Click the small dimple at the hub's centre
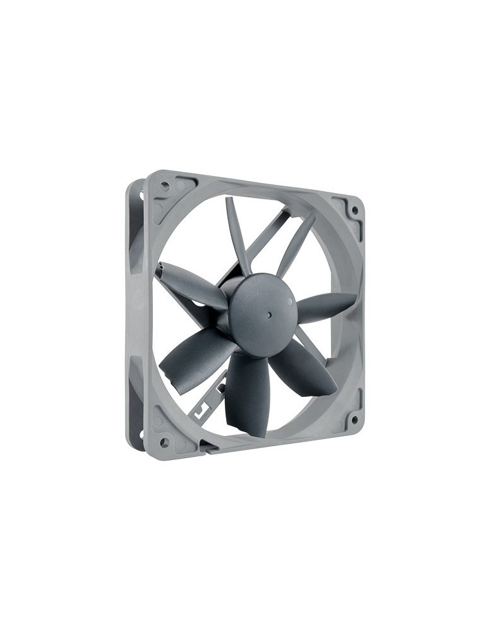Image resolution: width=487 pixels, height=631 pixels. [268, 312]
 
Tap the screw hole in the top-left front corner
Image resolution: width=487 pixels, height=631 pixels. [165, 186]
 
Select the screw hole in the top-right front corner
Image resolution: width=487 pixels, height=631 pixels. [354, 210]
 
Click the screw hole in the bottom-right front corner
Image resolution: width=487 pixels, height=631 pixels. [354, 418]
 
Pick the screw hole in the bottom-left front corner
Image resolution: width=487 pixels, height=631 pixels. [164, 442]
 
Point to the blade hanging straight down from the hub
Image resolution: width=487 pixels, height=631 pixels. [248, 391]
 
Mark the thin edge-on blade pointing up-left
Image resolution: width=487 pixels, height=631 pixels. [236, 233]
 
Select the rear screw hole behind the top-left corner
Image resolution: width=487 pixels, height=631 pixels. [141, 196]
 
